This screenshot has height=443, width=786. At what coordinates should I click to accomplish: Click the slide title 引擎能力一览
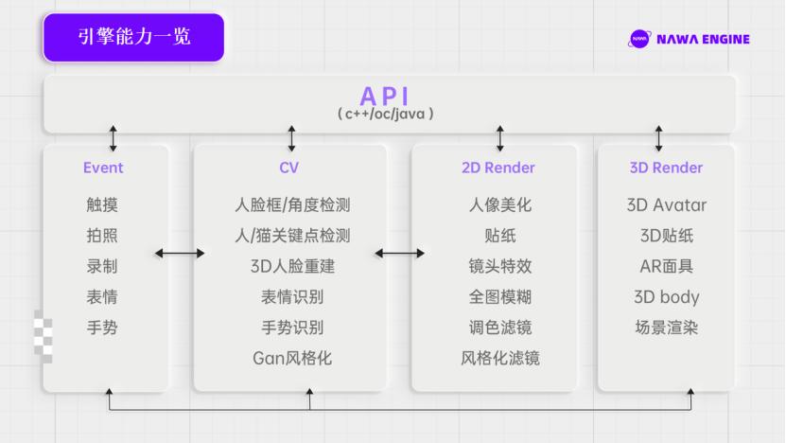133,37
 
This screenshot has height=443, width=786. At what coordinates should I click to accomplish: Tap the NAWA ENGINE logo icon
639,39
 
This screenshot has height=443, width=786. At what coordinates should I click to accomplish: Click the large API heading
386,96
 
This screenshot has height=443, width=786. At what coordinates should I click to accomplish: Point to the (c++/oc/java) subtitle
386,113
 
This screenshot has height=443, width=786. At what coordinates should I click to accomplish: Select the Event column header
103,168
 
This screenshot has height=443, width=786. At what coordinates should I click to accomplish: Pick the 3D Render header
666,168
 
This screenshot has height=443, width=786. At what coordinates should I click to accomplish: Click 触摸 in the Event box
102,204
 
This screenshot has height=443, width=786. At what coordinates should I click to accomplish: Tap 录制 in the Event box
102,266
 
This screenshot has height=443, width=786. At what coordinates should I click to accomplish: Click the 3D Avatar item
666,204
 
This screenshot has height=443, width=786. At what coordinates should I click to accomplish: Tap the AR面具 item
666,266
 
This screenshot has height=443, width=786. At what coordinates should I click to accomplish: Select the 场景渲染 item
666,328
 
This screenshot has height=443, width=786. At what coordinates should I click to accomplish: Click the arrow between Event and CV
180,253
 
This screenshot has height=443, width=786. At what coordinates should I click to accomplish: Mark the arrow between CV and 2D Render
399,253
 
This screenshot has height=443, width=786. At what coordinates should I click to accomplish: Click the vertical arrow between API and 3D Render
658,138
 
